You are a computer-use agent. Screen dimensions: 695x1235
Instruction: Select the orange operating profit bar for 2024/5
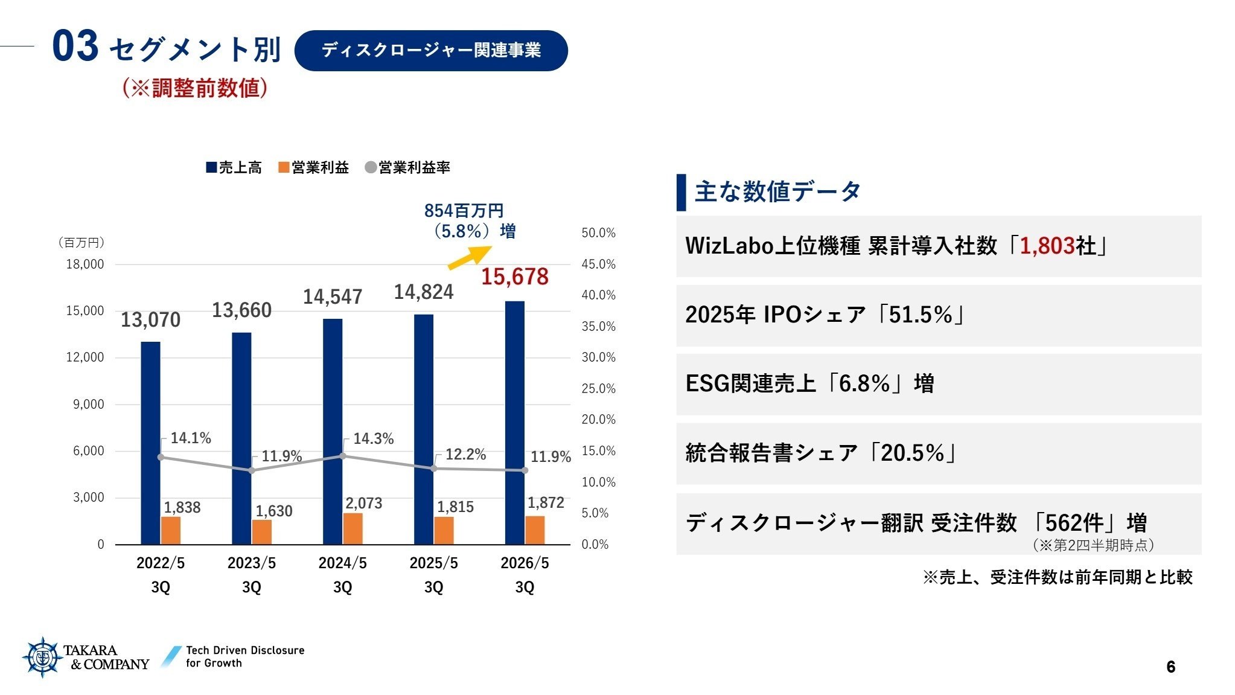[x=353, y=528]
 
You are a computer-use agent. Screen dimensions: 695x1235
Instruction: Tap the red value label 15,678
[x=515, y=277]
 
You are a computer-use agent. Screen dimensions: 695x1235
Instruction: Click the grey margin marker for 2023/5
[x=252, y=470]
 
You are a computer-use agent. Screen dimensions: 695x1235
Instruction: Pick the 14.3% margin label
[x=373, y=438]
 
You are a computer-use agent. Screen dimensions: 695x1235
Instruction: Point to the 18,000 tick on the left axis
[x=85, y=264]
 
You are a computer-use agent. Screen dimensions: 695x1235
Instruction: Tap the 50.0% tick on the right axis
[x=598, y=232]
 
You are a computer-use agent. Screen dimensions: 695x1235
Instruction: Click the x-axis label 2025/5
[x=433, y=563]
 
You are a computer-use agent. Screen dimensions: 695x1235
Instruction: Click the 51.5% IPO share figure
[x=920, y=315]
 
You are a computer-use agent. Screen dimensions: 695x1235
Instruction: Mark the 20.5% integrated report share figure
[x=912, y=453]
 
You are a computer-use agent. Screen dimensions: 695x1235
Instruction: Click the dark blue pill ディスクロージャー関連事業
[x=431, y=50]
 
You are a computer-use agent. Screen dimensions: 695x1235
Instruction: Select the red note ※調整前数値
[x=195, y=88]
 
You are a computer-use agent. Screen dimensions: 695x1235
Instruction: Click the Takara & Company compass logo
[x=42, y=657]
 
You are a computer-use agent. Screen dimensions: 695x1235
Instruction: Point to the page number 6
[x=1170, y=667]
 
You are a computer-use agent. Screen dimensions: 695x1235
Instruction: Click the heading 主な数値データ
[x=777, y=191]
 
